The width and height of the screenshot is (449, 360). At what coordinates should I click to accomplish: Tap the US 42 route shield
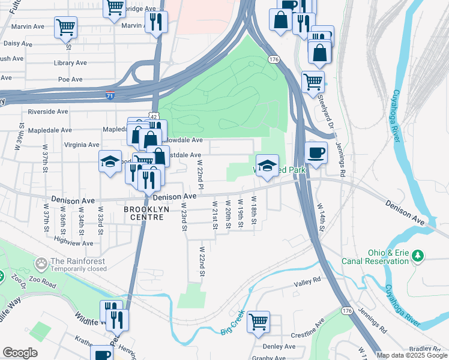155,116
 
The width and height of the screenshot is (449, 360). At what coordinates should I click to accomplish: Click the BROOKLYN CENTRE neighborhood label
144,213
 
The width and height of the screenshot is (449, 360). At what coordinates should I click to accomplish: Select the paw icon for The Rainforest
41,263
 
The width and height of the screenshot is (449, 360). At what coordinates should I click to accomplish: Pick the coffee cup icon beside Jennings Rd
316,152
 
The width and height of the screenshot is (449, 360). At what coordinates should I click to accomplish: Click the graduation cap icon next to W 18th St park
267,165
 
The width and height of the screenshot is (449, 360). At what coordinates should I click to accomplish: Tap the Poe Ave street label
70,79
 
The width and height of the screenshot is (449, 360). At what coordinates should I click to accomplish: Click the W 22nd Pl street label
200,172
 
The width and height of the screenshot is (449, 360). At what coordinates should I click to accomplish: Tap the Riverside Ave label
48,112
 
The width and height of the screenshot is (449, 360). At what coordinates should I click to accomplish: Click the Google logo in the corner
20,353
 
